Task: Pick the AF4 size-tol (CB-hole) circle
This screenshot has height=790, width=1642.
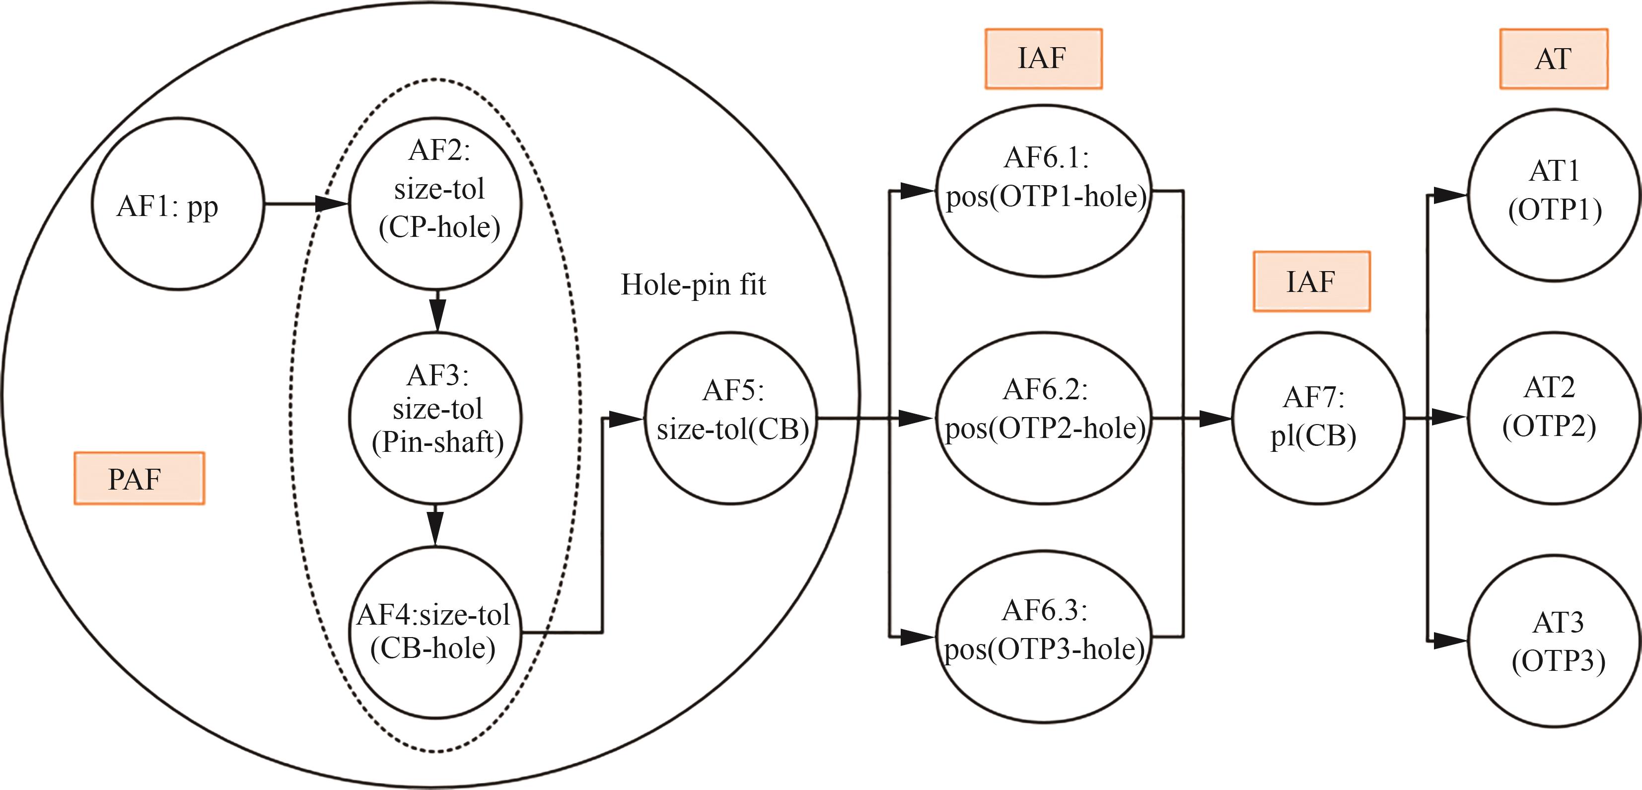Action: coord(436,631)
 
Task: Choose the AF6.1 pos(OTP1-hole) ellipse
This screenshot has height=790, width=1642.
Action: coord(1044,191)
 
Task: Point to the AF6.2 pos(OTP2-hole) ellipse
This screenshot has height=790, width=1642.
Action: coord(1044,418)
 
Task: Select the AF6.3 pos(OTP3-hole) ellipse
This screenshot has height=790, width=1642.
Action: coord(1044,637)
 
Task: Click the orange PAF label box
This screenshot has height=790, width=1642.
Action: coord(139,478)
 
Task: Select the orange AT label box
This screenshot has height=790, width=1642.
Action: coord(1554,59)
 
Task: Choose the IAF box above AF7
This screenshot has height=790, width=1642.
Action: coord(1311,281)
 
